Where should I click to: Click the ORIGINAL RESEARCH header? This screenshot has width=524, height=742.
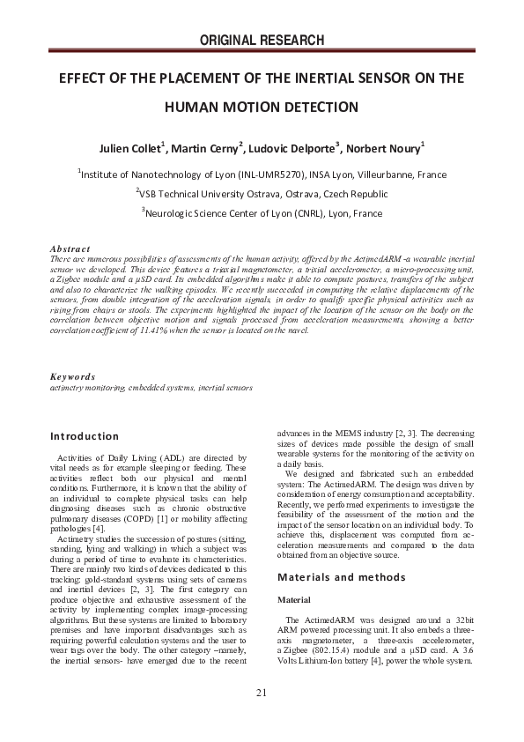262,40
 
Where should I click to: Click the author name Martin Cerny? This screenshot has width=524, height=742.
210,146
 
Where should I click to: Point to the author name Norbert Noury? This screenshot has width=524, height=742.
382,146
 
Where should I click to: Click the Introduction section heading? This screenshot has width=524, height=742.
85,436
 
